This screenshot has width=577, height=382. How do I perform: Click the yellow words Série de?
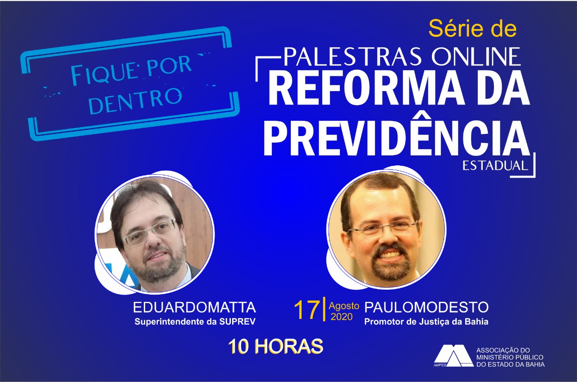click(x=472, y=29)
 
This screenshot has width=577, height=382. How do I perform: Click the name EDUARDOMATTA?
click(x=194, y=307)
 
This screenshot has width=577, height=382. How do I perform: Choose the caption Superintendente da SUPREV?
click(x=195, y=322)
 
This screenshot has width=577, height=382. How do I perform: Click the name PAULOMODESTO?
click(x=426, y=307)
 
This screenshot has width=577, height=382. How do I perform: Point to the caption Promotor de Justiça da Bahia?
click(x=426, y=322)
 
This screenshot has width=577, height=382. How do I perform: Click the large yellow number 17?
click(x=307, y=310)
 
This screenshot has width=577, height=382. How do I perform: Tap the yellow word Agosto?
click(x=344, y=306)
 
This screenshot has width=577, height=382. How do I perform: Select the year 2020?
click(x=342, y=317)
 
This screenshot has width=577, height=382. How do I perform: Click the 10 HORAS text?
click(x=275, y=346)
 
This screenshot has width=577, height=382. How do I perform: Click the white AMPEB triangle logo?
click(x=453, y=355)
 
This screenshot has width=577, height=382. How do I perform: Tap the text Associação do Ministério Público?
click(x=510, y=354)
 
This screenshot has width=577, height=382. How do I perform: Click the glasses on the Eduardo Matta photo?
click(x=149, y=233)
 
